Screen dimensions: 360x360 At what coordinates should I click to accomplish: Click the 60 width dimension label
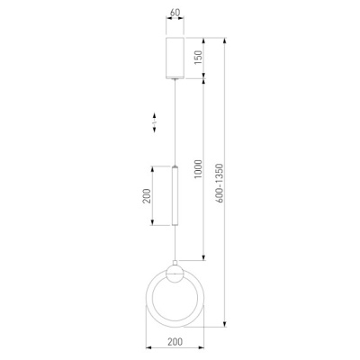175,13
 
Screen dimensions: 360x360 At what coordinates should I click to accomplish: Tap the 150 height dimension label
198,58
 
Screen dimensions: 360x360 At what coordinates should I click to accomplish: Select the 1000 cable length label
198,169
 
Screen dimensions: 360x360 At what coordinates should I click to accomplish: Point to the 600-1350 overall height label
220,184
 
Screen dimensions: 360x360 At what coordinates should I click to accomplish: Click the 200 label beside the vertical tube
146,196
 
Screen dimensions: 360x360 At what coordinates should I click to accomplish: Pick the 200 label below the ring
175,342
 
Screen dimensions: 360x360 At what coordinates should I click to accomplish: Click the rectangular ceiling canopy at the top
175,58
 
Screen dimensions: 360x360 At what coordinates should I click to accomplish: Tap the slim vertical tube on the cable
175,195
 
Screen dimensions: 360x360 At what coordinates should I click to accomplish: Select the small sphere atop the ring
175,274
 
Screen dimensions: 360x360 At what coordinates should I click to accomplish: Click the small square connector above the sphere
175,263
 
